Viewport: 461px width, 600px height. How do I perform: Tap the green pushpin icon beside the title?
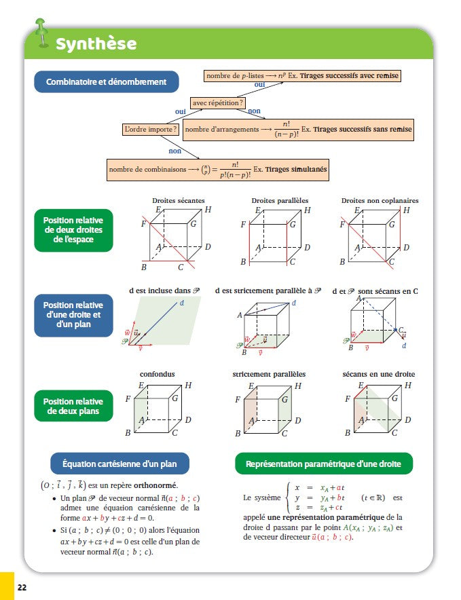click(x=42, y=32)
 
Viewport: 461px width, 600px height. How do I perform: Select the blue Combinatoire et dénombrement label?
click(x=106, y=82)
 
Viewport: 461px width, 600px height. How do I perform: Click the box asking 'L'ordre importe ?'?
click(x=151, y=129)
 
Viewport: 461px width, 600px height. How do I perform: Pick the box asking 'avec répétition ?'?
click(x=218, y=103)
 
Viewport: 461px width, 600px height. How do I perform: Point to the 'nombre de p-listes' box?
click(x=302, y=76)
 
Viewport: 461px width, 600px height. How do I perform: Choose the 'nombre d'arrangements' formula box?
click(x=298, y=129)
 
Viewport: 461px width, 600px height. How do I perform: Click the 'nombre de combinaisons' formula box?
click(x=217, y=170)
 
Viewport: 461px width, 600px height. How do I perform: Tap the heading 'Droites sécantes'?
click(x=175, y=200)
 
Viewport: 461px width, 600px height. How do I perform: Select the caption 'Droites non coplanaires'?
click(x=380, y=200)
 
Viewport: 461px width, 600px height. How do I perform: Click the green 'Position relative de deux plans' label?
click(x=73, y=407)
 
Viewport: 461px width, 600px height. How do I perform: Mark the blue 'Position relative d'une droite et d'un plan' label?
click(x=73, y=315)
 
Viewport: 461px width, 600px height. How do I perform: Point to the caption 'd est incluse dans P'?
click(x=164, y=290)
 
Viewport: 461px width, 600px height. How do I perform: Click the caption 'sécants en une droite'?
click(x=379, y=374)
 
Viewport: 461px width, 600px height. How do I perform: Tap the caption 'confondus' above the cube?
click(x=157, y=374)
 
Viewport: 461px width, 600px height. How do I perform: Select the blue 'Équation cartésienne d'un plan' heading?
click(x=120, y=464)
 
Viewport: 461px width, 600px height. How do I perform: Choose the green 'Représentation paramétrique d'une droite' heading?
click(x=323, y=464)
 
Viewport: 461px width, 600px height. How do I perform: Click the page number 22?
click(x=22, y=586)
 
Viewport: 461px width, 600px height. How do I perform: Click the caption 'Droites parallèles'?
click(x=280, y=200)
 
